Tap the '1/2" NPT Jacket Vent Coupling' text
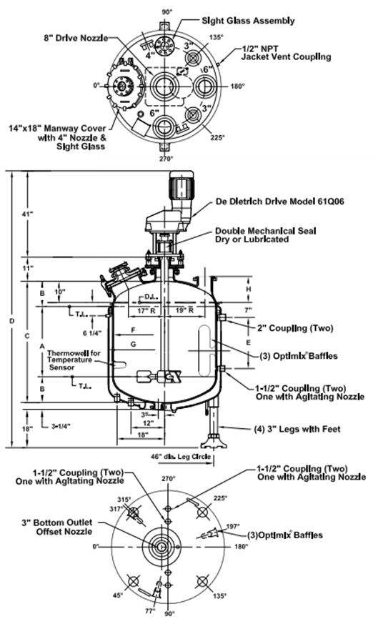coord(285,52)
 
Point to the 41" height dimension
coord(29,213)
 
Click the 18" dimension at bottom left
coord(28,428)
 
